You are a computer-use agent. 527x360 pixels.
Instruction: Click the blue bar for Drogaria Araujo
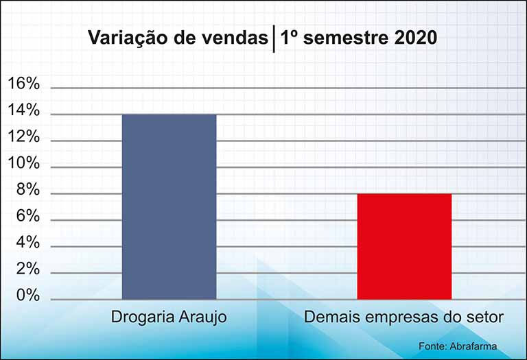point(169,207)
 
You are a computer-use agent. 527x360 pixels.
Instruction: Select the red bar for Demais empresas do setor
point(404,246)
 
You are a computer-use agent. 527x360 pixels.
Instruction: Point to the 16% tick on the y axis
point(23,84)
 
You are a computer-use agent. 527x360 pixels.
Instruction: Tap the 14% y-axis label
point(23,110)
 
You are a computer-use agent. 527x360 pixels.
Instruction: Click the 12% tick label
point(23,136)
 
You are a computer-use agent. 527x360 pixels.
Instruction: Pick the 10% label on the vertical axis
point(23,163)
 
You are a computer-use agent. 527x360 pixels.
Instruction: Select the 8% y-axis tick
point(28,190)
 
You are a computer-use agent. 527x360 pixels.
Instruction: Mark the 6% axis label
point(28,216)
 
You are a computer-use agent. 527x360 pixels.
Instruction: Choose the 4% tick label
point(28,243)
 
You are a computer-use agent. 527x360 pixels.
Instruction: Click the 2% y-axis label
point(28,269)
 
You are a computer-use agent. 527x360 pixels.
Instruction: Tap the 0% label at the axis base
point(28,296)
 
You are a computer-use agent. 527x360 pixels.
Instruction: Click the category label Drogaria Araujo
point(169,317)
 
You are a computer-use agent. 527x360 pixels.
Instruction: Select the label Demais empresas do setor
point(404,317)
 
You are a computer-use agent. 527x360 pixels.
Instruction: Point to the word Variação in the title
point(129,38)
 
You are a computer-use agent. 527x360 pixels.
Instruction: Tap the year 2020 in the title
point(415,37)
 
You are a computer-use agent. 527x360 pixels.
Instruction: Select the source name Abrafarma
point(473,346)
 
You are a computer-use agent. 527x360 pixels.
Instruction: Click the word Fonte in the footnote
point(432,346)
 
